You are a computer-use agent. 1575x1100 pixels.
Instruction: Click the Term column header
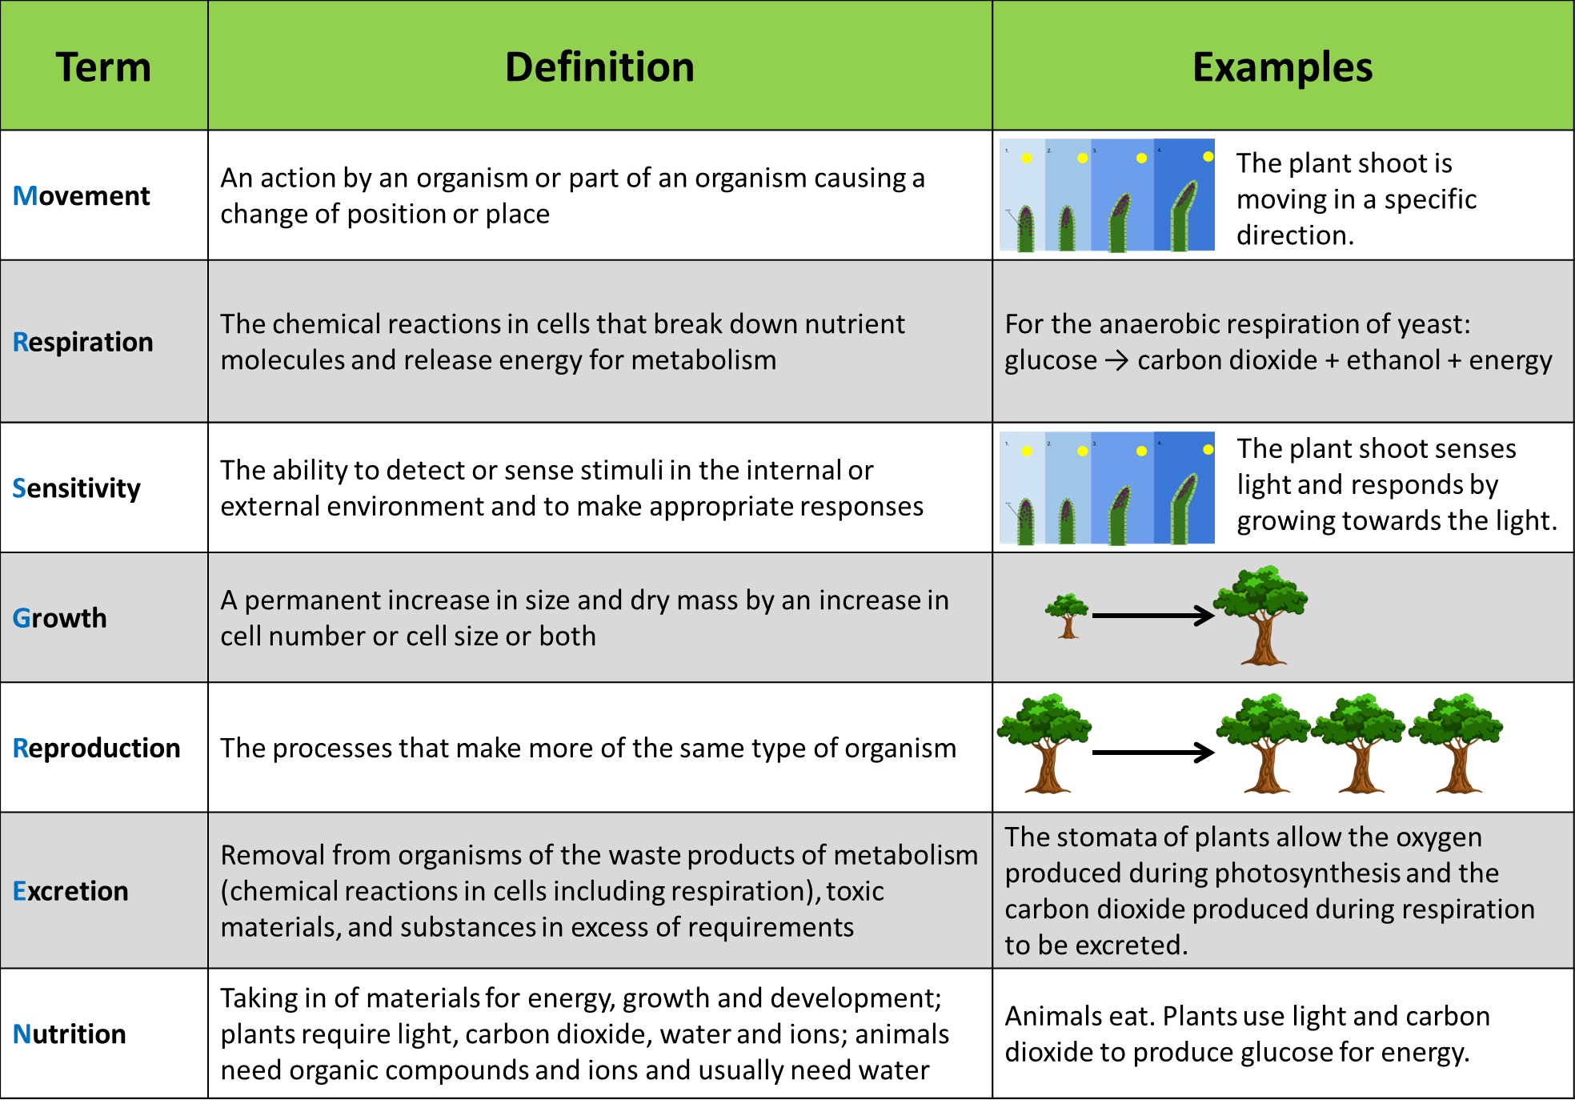pyautogui.click(x=103, y=67)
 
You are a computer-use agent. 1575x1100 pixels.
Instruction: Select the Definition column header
pyautogui.click(x=599, y=67)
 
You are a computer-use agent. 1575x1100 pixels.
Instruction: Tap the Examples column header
pyautogui.click(x=1282, y=67)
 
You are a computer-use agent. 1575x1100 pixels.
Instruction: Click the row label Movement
pyautogui.click(x=82, y=196)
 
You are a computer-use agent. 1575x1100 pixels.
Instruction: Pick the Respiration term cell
pyautogui.click(x=83, y=343)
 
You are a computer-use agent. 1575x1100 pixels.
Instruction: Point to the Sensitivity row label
pyautogui.click(x=77, y=488)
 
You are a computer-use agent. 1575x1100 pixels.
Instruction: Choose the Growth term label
pyautogui.click(x=60, y=618)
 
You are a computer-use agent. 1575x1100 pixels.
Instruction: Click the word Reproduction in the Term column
pyautogui.click(x=97, y=748)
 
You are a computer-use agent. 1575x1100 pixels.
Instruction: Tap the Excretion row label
pyautogui.click(x=70, y=891)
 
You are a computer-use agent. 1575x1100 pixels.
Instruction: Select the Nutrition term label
pyautogui.click(x=70, y=1034)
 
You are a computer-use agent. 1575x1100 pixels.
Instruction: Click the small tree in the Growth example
pyautogui.click(x=1067, y=615)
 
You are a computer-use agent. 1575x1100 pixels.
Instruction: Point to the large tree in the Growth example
pyautogui.click(x=1260, y=615)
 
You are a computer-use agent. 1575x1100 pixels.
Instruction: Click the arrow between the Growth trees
pyautogui.click(x=1152, y=616)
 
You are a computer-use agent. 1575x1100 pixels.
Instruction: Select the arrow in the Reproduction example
pyautogui.click(x=1152, y=753)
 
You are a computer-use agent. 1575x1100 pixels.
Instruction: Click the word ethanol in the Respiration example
pyautogui.click(x=1393, y=360)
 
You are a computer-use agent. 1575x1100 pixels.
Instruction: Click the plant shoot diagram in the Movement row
pyautogui.click(x=1107, y=195)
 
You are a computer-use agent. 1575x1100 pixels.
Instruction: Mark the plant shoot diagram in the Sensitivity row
pyautogui.click(x=1107, y=488)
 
